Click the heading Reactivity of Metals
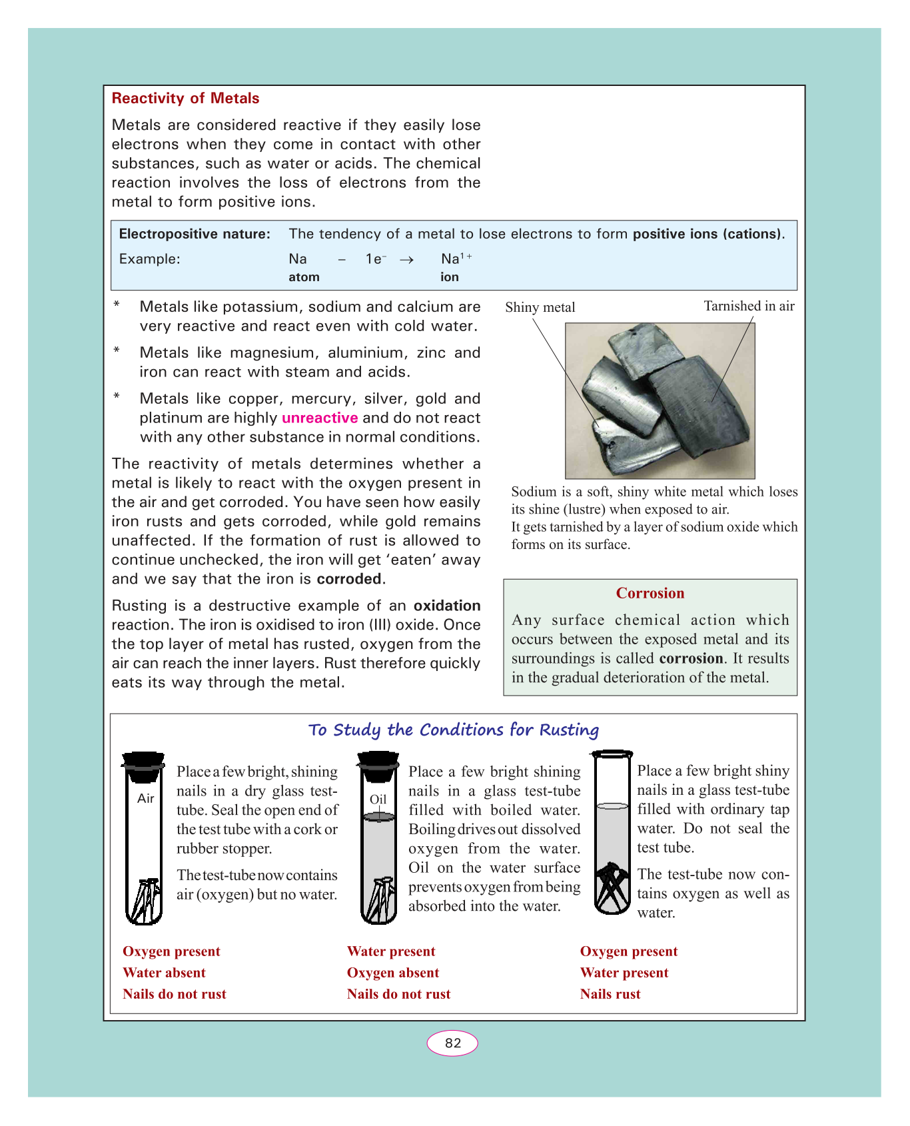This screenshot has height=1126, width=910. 185,99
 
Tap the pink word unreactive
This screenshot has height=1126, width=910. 320,418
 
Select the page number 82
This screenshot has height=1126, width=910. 452,1043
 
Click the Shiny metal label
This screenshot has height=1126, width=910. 540,307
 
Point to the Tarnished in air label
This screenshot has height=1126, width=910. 749,306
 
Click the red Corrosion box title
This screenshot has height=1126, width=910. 650,593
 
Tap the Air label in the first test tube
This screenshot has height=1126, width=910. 146,798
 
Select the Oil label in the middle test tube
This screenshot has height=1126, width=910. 378,800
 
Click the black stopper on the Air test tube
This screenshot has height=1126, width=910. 143,766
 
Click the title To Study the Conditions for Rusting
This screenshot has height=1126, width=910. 453,730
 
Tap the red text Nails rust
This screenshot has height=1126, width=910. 610,994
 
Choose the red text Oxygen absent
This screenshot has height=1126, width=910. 392,973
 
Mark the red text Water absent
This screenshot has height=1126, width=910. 164,973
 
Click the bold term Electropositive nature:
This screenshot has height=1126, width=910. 195,234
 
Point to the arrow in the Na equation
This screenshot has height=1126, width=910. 406,260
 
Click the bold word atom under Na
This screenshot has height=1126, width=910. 304,277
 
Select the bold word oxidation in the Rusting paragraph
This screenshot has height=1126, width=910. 447,606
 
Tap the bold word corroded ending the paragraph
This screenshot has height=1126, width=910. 349,579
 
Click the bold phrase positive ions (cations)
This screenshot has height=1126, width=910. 707,234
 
